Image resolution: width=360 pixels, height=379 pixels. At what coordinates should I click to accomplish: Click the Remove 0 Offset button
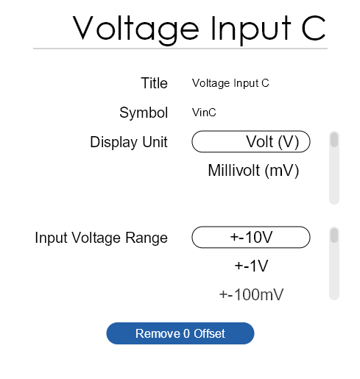[180, 333]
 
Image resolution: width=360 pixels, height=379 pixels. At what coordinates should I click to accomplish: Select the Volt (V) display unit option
[251, 141]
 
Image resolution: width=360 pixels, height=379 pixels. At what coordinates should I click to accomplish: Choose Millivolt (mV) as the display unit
[253, 170]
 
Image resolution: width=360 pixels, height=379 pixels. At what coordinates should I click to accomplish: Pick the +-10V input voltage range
[251, 237]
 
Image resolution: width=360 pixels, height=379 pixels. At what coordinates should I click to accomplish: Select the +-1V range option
[251, 266]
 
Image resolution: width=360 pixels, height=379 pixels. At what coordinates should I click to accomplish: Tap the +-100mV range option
[251, 294]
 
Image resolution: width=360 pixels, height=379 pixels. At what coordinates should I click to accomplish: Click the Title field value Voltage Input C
[230, 83]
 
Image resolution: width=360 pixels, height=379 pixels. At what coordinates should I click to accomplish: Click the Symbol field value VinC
[204, 113]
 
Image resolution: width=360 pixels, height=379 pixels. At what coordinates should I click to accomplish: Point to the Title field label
[154, 83]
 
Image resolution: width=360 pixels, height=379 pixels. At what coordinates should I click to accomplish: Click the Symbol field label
[144, 113]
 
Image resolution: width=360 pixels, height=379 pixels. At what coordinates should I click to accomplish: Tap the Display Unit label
[129, 142]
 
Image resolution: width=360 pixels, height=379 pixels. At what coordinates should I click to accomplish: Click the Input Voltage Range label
[102, 238]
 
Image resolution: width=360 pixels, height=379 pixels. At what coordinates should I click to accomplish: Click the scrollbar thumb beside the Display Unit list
[334, 140]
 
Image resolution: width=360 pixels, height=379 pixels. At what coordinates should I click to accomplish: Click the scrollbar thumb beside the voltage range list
[334, 235]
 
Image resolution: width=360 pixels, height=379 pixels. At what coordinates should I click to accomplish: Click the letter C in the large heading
[314, 27]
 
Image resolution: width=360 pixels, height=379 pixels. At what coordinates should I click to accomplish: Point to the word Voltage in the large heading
[135, 29]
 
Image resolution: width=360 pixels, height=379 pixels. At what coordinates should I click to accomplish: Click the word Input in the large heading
[251, 29]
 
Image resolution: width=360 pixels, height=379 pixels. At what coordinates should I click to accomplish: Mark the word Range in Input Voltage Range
[147, 238]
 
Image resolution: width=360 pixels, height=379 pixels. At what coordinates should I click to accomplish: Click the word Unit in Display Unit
[155, 142]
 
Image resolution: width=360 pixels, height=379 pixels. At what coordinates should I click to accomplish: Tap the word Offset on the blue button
[209, 333]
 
